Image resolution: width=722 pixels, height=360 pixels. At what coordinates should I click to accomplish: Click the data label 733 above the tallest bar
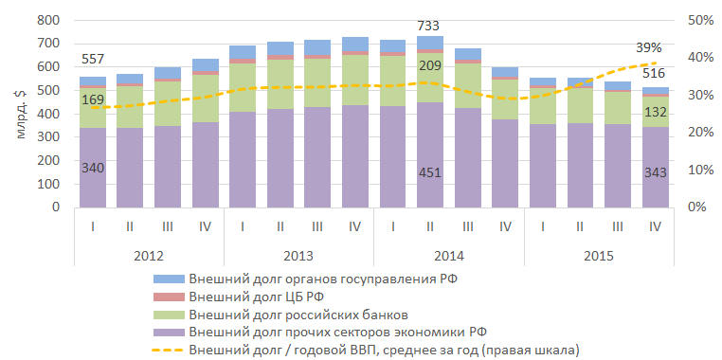point(429,26)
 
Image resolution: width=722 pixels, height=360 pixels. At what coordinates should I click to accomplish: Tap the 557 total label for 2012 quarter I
point(93,59)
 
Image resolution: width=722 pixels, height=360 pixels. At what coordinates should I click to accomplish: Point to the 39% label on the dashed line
point(649,47)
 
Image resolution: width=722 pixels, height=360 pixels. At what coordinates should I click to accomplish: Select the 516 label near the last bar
point(656,73)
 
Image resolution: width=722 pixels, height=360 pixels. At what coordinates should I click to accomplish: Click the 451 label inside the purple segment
point(429,173)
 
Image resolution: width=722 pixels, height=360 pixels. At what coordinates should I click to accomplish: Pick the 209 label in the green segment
point(429,65)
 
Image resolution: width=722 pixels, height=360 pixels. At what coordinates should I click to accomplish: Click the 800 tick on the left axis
point(48,21)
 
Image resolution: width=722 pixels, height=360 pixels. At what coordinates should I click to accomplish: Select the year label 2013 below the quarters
point(298,256)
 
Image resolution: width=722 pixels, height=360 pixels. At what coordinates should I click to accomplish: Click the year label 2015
point(599,256)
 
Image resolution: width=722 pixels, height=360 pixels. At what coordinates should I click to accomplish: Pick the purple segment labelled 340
point(93,168)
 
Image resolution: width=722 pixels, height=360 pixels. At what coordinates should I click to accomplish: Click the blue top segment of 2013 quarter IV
point(355,45)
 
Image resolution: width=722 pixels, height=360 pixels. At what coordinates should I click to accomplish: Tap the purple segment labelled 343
point(656,167)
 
